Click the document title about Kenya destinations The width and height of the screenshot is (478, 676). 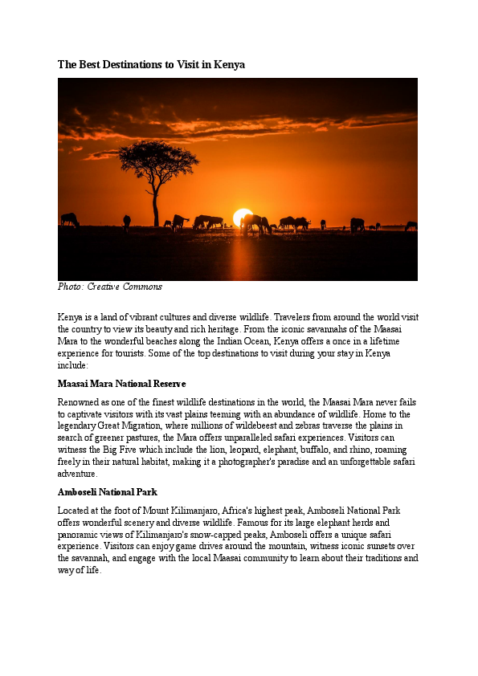[151, 64]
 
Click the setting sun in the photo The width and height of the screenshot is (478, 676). [242, 217]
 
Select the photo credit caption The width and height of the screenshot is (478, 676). [110, 287]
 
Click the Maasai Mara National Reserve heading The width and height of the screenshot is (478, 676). [122, 384]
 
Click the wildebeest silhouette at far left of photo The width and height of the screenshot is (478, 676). [69, 219]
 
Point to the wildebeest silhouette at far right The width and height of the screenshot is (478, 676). [411, 226]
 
